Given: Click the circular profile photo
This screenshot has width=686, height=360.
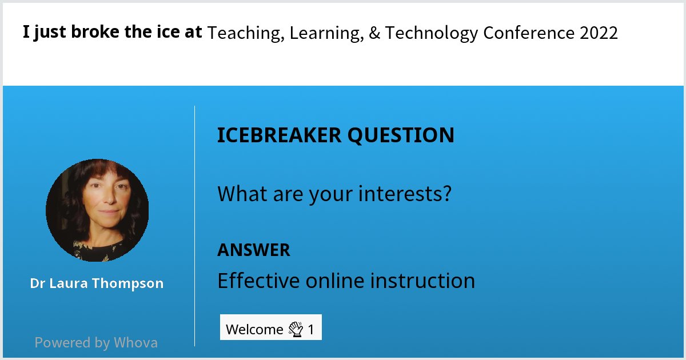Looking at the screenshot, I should point(97,210).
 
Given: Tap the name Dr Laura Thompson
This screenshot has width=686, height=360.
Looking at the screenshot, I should point(97,283).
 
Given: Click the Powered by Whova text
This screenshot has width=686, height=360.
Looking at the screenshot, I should point(96,343).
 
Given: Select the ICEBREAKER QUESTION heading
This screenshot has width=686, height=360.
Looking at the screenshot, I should point(336,135).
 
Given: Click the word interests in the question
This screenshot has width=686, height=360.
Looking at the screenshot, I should point(405,194).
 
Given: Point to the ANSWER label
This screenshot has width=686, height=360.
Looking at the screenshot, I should point(253,250).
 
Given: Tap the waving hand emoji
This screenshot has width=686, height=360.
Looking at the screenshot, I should point(295,329).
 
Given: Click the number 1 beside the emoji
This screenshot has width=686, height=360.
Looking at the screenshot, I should point(311,330).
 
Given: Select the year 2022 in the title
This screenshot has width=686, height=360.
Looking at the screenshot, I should point(599,33).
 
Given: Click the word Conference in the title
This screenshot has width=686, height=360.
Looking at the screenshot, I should point(529,33).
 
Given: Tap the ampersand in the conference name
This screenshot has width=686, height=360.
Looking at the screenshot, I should point(374,33).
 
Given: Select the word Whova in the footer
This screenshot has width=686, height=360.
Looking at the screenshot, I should point(135,343).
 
